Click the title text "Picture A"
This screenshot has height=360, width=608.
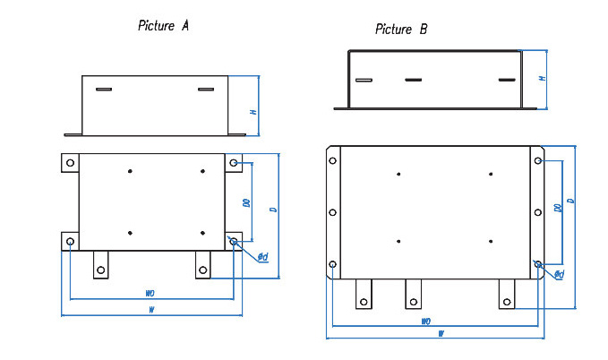163,25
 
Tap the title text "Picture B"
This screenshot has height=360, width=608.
400,30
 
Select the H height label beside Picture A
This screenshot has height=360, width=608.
253,112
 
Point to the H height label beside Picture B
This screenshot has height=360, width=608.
542,79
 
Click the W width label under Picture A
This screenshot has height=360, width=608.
152,311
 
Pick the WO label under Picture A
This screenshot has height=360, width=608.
149,294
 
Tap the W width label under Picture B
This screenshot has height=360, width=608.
441,334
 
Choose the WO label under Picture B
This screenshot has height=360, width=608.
426,321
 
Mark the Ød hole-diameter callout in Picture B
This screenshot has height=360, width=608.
559,274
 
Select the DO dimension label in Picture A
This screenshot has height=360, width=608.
245,203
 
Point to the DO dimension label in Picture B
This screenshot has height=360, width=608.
557,208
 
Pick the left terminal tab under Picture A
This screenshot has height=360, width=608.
102,267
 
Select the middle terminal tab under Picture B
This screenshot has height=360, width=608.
413,295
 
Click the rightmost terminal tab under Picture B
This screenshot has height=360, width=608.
508,295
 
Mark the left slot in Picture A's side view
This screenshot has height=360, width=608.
104,90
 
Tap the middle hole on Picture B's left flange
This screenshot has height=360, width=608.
333,213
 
